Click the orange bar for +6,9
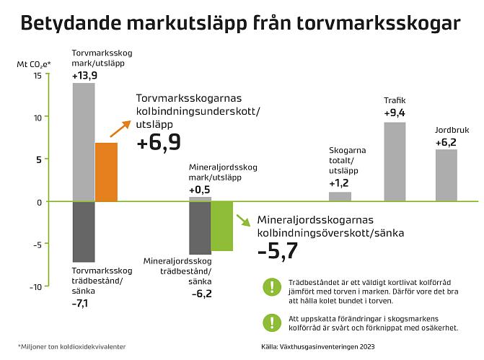[x=106, y=172]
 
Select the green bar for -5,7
[x=221, y=226]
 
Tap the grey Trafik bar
[x=395, y=162]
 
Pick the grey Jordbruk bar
[x=446, y=175]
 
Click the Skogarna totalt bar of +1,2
[x=340, y=196]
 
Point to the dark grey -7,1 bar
[x=84, y=232]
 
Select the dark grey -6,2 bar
[x=200, y=227]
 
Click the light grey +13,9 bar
[x=84, y=142]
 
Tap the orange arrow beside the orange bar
[x=119, y=128]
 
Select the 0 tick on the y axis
[x=39, y=202]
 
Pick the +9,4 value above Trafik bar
[x=395, y=114]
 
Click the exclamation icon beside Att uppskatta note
[x=272, y=322]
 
